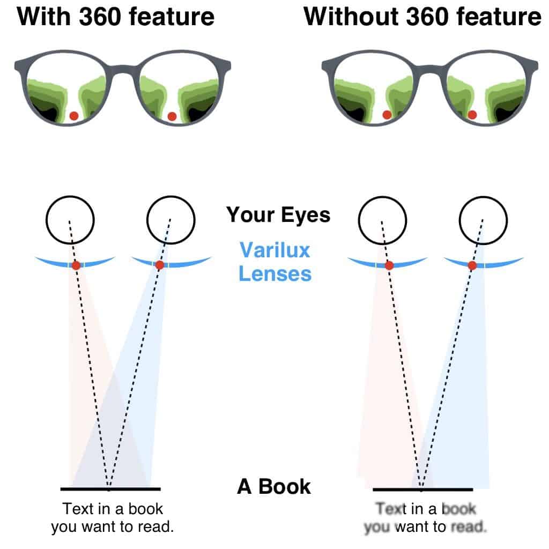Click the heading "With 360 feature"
point(116,17)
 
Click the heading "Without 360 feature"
point(422,17)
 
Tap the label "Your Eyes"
point(278,214)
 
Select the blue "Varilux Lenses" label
point(275,262)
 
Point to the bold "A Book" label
point(274,486)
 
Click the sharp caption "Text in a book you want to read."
point(113,517)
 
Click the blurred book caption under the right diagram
point(425,517)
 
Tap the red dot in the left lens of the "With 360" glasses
point(74,116)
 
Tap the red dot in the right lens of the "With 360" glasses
point(172,116)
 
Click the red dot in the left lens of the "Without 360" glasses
point(387,115)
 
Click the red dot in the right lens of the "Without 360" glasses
point(472,115)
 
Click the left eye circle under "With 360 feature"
point(70,220)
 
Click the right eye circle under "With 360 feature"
point(171,220)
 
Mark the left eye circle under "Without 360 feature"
point(382,220)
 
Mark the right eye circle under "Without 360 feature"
point(483,220)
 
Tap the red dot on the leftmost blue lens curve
point(76,265)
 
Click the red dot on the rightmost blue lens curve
point(472,266)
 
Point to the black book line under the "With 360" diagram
point(110,489)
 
